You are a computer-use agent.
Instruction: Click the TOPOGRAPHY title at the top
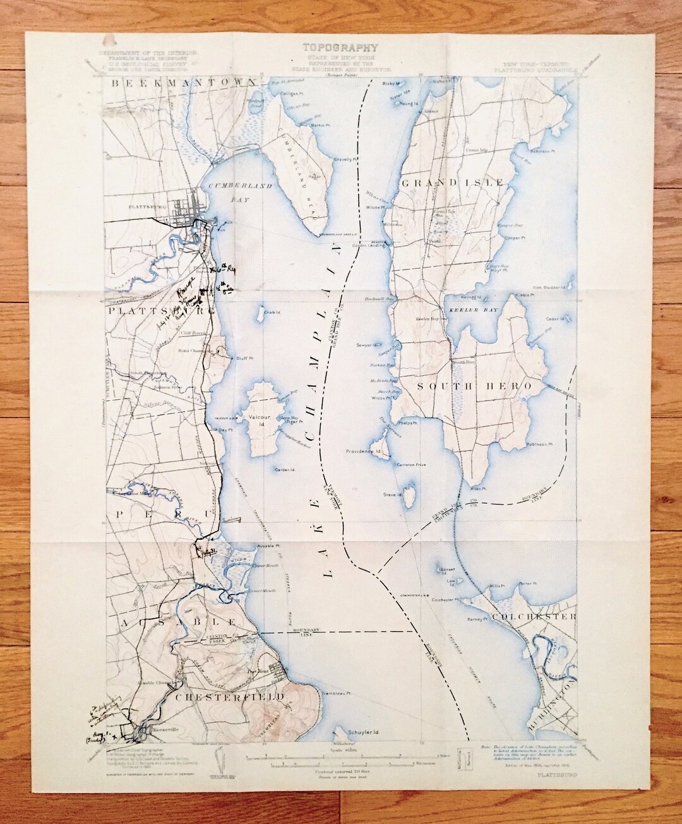tap(340, 47)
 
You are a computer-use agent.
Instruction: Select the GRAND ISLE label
tap(452, 182)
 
